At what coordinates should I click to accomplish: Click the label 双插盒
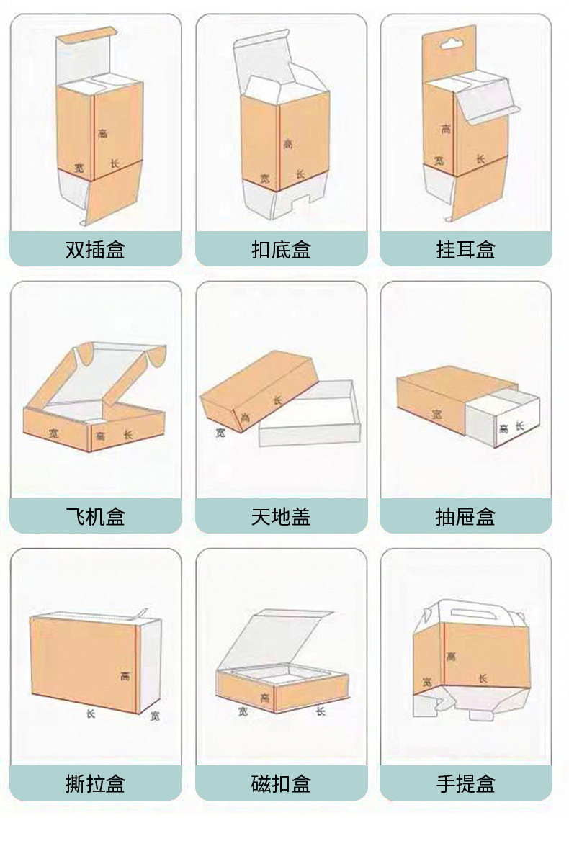point(95,250)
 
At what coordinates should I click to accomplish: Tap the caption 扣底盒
point(281,250)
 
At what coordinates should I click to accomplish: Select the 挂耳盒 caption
point(466,250)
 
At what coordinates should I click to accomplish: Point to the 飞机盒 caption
point(95,516)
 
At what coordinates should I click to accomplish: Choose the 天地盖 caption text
point(281,516)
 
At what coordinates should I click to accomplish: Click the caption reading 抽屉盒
point(466,516)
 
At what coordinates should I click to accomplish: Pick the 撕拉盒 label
point(95,783)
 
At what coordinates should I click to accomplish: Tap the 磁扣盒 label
point(281,783)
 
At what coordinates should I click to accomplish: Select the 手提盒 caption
point(466,783)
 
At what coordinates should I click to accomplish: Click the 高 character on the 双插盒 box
point(103,133)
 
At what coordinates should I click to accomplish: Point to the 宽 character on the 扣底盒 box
point(264,178)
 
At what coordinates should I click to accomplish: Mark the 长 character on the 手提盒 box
point(483,678)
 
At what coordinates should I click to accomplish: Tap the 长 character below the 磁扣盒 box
point(321,711)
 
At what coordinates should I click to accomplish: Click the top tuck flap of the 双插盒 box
point(86,34)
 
